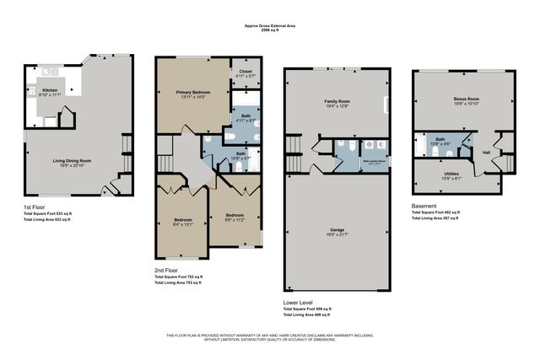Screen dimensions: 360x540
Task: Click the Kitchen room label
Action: point(49,89)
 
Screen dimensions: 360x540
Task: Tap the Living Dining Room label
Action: point(73,160)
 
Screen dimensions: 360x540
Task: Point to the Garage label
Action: point(337,228)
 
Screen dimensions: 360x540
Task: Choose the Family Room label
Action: point(337,100)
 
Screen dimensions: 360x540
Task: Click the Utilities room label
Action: point(451,174)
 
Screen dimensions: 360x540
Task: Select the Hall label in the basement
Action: point(487,153)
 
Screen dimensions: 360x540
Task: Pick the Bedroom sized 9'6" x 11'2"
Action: point(235,216)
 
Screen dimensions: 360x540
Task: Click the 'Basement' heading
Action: point(424,206)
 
